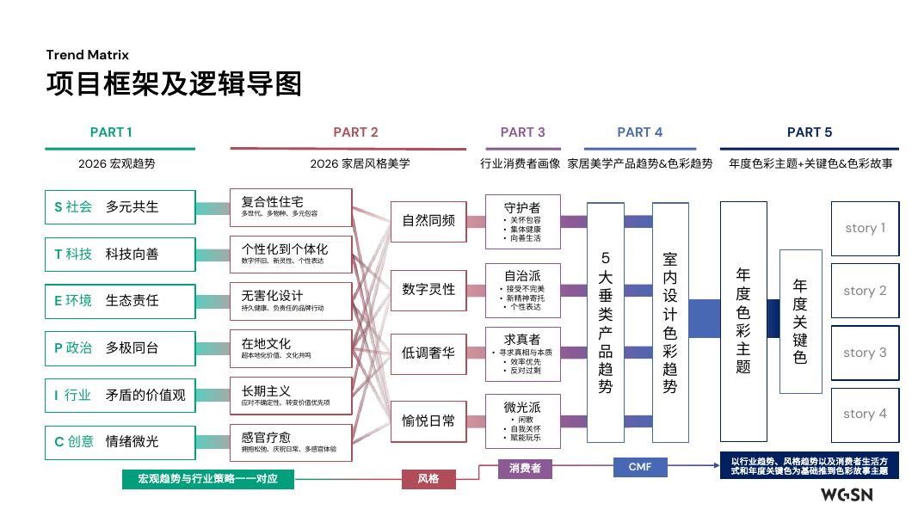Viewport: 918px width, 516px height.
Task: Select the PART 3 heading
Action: (x=522, y=132)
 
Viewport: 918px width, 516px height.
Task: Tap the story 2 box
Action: (x=865, y=291)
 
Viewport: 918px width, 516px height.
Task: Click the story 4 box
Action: (x=865, y=414)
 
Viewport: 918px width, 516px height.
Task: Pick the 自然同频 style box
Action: (x=428, y=220)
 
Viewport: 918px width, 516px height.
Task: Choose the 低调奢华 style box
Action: (x=428, y=353)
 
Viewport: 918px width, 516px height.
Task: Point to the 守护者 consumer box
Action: (x=522, y=221)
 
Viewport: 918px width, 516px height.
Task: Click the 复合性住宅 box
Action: (x=279, y=207)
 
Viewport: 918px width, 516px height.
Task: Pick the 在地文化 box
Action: (x=279, y=348)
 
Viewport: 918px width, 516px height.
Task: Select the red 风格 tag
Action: (x=428, y=478)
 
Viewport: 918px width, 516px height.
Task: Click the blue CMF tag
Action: (x=640, y=467)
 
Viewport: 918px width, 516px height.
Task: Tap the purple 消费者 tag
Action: (x=525, y=469)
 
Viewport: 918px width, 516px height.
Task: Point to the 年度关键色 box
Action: (x=800, y=322)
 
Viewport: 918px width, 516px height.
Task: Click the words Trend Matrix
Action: (x=88, y=55)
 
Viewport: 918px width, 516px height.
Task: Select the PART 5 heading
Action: (x=810, y=132)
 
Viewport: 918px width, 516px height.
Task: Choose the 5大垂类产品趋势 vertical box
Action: (x=606, y=322)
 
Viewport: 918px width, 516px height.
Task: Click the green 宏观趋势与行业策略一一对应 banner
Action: (x=207, y=478)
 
